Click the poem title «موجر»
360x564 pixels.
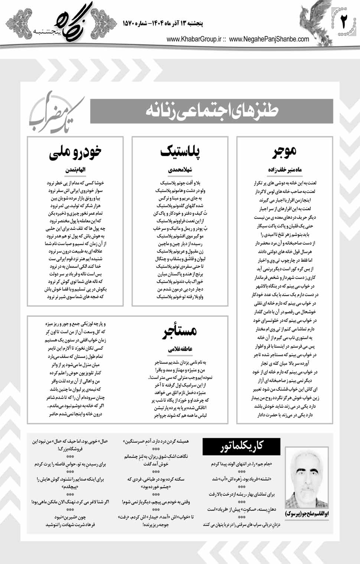tap(285, 151)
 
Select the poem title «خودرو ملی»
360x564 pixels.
tap(75, 152)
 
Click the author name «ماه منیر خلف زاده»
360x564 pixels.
tap(285, 169)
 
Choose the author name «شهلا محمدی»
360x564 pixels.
tap(180, 170)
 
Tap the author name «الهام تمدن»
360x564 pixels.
tap(75, 170)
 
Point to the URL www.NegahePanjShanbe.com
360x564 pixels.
tap(269, 39)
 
